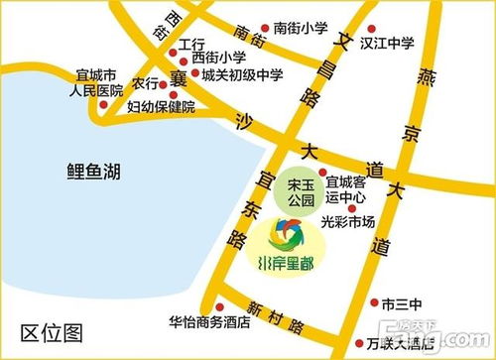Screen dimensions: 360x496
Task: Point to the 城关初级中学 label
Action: pos(242,73)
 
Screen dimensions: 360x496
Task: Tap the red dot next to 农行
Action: pos(165,83)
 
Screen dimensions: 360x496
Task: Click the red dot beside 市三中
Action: pos(373,302)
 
